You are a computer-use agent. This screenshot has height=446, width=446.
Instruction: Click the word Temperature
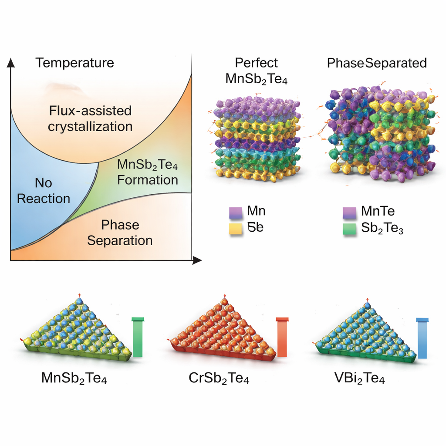[74, 63]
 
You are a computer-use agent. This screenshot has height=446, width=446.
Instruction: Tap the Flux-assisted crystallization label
[90, 118]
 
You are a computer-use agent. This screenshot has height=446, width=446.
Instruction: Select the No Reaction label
[43, 191]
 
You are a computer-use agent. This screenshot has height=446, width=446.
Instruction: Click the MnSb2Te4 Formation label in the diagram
[148, 172]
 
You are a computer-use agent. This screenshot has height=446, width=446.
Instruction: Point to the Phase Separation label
[120, 233]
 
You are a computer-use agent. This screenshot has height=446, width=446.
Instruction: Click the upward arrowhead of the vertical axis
[11, 63]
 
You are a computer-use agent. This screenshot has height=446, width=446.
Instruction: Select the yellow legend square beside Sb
[235, 230]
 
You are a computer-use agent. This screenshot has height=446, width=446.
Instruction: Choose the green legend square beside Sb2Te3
[349, 230]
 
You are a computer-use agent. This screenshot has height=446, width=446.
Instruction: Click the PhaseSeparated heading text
[377, 63]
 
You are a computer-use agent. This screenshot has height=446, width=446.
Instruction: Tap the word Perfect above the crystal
[256, 63]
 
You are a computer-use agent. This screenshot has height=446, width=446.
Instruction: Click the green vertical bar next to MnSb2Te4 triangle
[138, 338]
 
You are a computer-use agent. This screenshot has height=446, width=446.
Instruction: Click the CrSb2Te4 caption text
[219, 378]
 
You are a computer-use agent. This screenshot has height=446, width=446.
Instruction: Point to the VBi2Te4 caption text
[358, 378]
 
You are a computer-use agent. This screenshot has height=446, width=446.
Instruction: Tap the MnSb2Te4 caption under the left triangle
[74, 378]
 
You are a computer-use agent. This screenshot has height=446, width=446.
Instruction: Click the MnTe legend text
[378, 212]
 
